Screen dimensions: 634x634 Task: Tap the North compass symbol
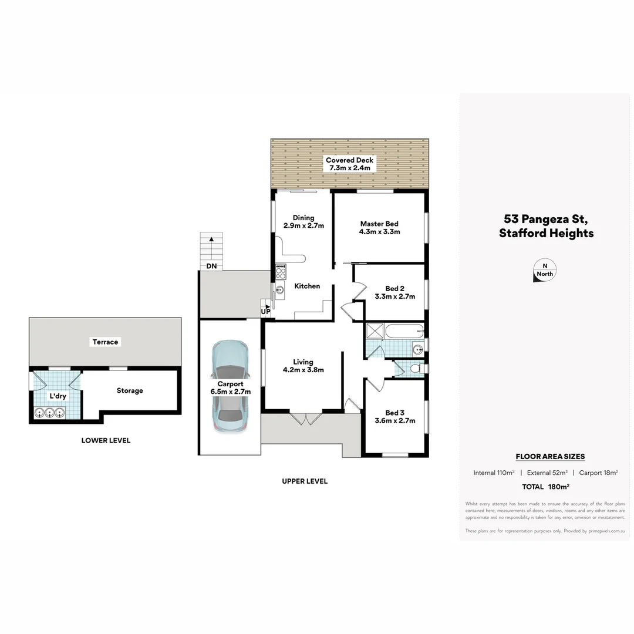(x=544, y=270)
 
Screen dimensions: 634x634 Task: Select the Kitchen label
(x=307, y=286)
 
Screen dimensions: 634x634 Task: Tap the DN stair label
(x=211, y=266)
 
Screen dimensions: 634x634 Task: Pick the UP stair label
(x=265, y=311)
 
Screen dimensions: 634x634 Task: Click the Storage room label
(x=130, y=390)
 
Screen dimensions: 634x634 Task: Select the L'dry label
(x=58, y=396)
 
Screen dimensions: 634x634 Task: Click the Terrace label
(x=105, y=342)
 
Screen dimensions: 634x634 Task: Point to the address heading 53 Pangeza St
(x=546, y=219)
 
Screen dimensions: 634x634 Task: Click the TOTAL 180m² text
(x=545, y=486)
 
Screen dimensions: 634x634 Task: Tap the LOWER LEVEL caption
(x=106, y=440)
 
